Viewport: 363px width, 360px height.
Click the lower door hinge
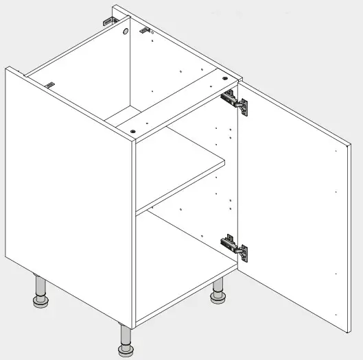235,247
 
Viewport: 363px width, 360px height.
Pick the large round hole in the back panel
128,32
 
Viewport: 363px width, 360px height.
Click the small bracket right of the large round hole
145,30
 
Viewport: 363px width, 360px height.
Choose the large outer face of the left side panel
69,199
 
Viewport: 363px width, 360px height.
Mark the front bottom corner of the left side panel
131,324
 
